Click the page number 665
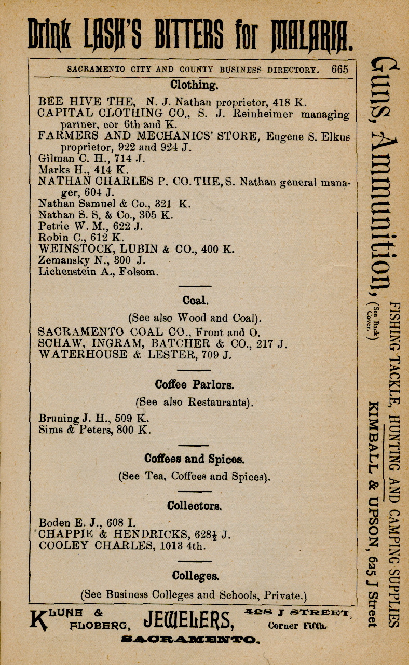[340, 70]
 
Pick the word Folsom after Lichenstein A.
[139, 272]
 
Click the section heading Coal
[195, 301]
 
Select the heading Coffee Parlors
[194, 385]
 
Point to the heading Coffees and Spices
[194, 460]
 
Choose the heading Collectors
[195, 506]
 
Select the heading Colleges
[195, 576]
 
